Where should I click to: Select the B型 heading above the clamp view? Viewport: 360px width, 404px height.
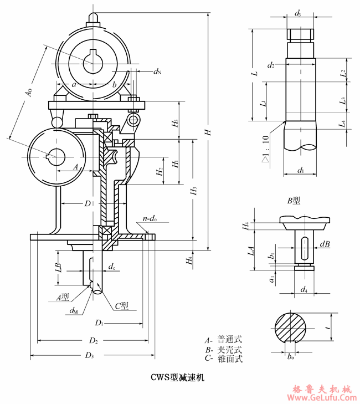[x=294, y=200]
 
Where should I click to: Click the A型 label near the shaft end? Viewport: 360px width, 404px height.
[x=63, y=297]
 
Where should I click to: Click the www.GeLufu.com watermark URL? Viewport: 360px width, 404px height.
[x=322, y=397]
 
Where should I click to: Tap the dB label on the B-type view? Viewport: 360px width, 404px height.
[x=325, y=243]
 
